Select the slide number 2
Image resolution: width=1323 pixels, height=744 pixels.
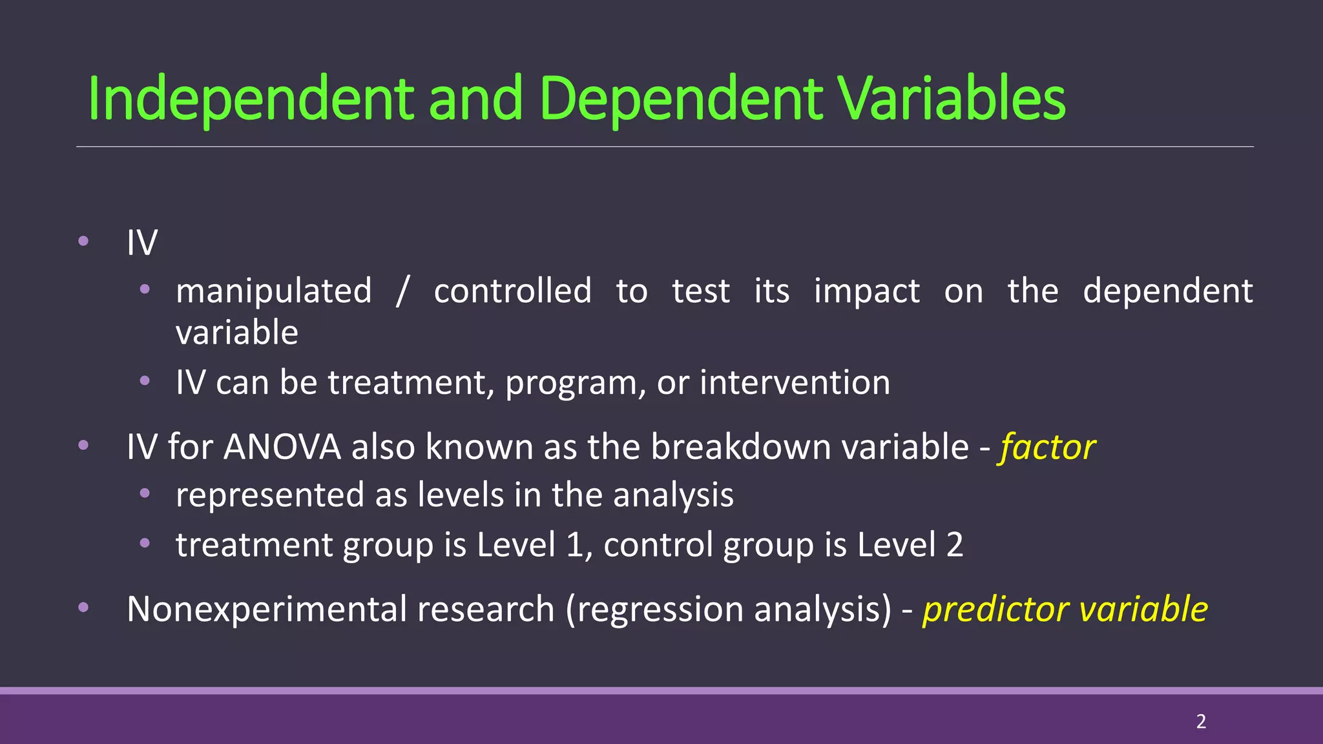pyautogui.click(x=1201, y=721)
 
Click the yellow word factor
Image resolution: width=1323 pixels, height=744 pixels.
pyautogui.click(x=1047, y=447)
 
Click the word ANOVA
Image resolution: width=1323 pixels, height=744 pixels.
pyautogui.click(x=282, y=447)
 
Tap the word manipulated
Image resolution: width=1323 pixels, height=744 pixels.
pyautogui.click(x=274, y=291)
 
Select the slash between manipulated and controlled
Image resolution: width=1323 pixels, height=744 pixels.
pyautogui.click(x=402, y=291)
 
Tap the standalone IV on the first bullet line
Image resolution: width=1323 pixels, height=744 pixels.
pyautogui.click(x=142, y=243)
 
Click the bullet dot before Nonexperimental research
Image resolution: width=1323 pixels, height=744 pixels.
pyautogui.click(x=83, y=607)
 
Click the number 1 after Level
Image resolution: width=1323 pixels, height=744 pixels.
pyautogui.click(x=575, y=544)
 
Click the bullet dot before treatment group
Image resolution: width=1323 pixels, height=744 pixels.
pyautogui.click(x=145, y=543)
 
